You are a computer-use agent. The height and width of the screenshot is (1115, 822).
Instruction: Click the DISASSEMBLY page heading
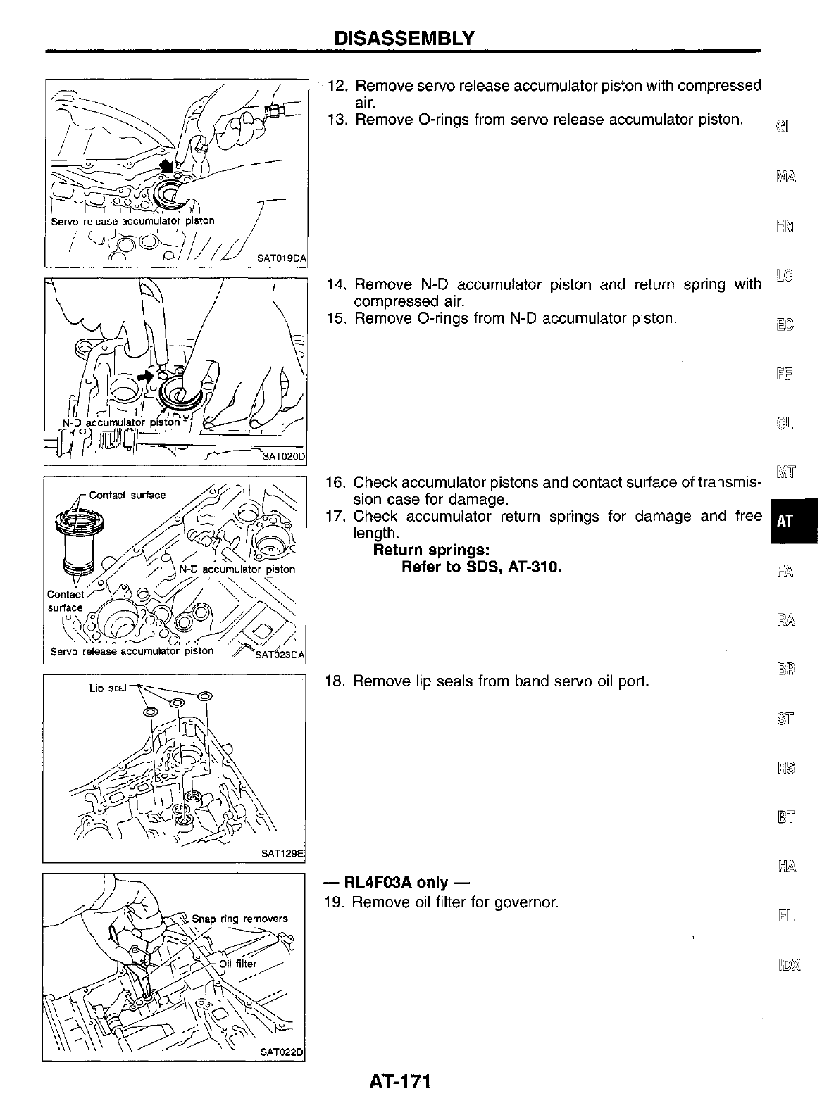tap(404, 37)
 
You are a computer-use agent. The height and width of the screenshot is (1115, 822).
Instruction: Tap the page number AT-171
tap(399, 1080)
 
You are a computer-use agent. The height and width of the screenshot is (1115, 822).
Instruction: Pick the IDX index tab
tap(785, 965)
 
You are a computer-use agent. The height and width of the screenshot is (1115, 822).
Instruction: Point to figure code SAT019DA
tap(281, 258)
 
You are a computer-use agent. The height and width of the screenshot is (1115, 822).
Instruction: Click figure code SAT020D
tap(283, 456)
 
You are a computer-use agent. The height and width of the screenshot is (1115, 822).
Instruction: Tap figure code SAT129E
tap(282, 853)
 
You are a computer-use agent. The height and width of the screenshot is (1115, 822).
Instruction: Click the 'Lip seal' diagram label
tap(106, 688)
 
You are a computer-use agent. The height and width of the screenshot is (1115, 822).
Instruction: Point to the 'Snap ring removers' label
tap(239, 919)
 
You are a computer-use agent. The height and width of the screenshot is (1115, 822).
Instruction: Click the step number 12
tap(339, 86)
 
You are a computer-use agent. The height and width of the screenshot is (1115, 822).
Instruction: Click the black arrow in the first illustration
tap(168, 166)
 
